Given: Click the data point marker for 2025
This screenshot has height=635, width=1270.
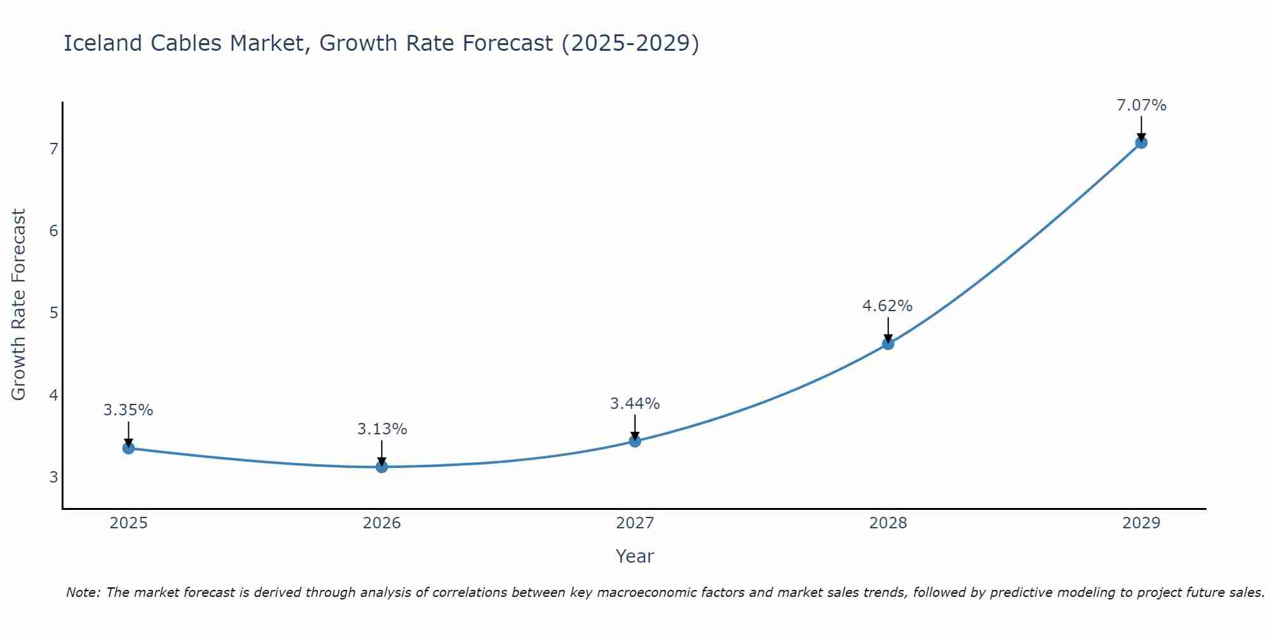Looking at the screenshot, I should tap(128, 448).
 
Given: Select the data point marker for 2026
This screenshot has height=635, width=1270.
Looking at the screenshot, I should tap(382, 467).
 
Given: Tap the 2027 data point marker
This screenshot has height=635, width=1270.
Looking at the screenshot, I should tap(635, 441).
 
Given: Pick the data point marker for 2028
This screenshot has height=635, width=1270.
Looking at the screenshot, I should tap(888, 344).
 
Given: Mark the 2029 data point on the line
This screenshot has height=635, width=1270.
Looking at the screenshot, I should tap(1141, 142).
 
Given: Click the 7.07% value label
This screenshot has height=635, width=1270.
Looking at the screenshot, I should tap(1141, 105).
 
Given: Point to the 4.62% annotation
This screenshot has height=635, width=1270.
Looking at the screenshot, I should tap(887, 306).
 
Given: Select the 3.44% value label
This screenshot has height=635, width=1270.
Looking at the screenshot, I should tap(634, 403).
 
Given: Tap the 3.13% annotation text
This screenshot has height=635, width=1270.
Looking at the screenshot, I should tap(382, 429).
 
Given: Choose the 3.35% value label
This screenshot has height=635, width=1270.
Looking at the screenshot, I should tap(128, 410).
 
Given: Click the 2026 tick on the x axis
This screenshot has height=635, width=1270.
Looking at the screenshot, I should tap(382, 523).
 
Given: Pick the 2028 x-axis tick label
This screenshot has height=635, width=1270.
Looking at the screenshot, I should tap(888, 523).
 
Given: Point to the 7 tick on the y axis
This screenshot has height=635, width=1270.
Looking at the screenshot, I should tap(53, 149).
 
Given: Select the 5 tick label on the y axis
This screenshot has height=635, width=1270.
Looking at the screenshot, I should tap(53, 313).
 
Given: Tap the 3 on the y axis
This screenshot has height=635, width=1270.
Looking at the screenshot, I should tap(53, 477).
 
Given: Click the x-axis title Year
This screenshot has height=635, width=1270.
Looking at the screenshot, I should tap(634, 556).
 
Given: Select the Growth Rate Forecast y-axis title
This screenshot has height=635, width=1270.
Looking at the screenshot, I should tap(19, 305).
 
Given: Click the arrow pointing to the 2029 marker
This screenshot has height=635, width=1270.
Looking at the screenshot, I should tap(1141, 128).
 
